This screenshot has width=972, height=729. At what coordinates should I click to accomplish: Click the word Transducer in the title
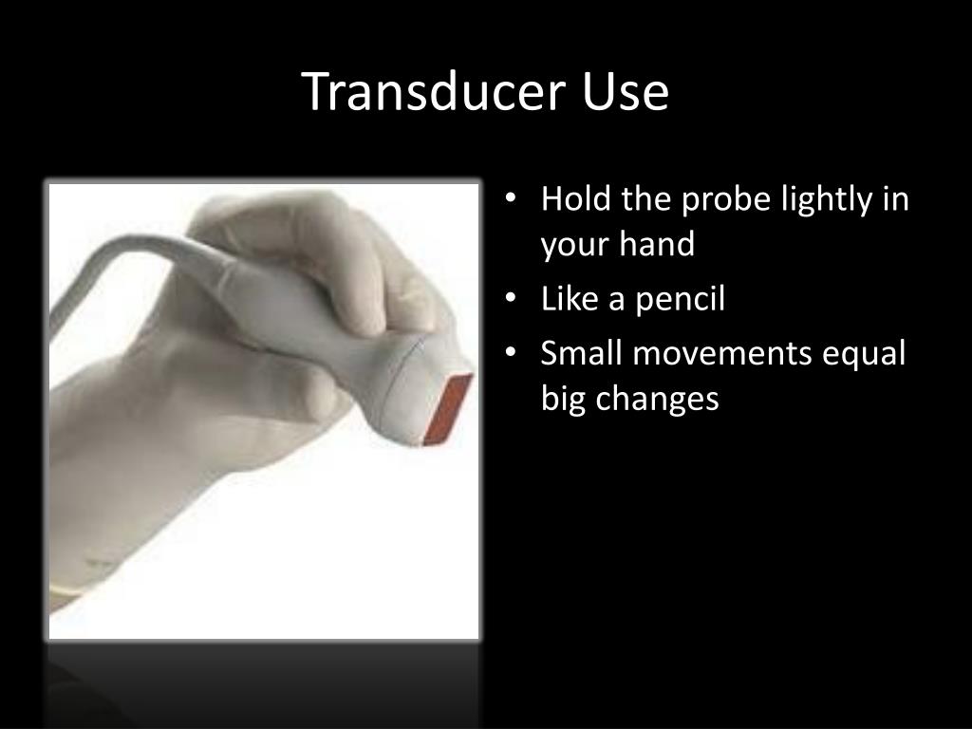pyautogui.click(x=434, y=91)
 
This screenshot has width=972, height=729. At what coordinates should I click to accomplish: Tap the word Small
pyautogui.click(x=582, y=353)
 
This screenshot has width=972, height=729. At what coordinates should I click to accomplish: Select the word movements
pyautogui.click(x=722, y=354)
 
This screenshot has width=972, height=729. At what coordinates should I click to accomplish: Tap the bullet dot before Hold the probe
pyautogui.click(x=510, y=199)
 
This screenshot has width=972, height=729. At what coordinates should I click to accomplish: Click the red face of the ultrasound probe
pyautogui.click(x=448, y=409)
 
